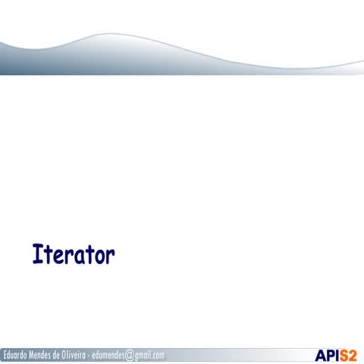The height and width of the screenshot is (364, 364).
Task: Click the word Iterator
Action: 73,255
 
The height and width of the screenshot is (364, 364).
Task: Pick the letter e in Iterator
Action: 55,257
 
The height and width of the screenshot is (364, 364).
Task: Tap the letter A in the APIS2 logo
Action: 322,355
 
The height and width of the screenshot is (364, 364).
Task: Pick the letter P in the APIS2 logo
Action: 332,355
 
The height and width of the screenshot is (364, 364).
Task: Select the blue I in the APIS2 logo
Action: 339,355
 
